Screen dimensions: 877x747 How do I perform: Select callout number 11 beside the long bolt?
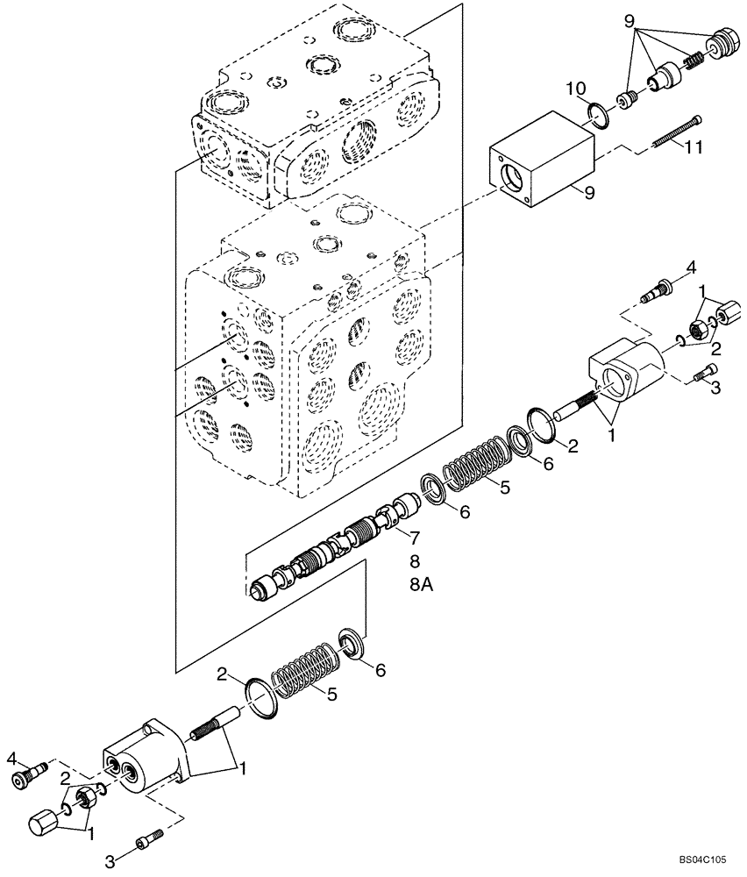click(x=693, y=148)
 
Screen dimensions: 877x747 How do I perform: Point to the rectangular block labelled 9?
click(x=538, y=163)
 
